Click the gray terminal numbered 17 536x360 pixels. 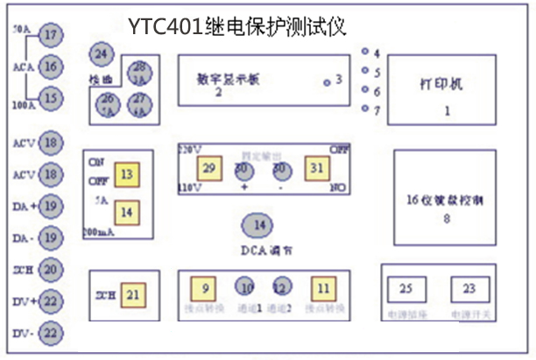[52, 36]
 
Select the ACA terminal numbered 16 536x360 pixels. [52, 67]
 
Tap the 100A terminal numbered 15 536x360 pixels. [52, 98]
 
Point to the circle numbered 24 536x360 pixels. [102, 54]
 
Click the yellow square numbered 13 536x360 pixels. [128, 175]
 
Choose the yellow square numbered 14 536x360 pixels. [128, 211]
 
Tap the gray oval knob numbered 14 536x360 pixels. [258, 225]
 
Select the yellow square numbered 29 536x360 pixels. [209, 167]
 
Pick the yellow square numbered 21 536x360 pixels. [133, 295]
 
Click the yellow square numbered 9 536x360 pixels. [205, 287]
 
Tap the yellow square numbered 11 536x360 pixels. [323, 287]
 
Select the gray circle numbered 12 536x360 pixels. [280, 287]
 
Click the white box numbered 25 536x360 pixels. [406, 289]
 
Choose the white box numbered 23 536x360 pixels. [469, 289]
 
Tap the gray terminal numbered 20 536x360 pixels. [52, 270]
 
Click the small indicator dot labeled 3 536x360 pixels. [328, 82]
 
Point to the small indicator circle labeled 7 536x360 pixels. [366, 109]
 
